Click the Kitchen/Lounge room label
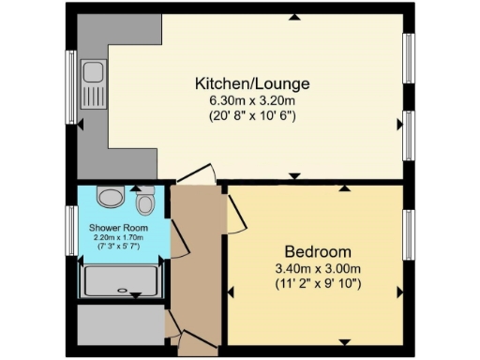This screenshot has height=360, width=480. (251, 84)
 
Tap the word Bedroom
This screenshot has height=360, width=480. (318, 251)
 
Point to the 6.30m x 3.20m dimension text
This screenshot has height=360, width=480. (251, 101)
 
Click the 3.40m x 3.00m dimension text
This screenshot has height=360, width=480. (318, 268)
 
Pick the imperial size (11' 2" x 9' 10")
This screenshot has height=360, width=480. (318, 283)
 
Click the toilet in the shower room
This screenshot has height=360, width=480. (145, 202)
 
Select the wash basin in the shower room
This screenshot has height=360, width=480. (110, 198)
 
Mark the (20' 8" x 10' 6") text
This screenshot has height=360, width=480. (251, 117)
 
